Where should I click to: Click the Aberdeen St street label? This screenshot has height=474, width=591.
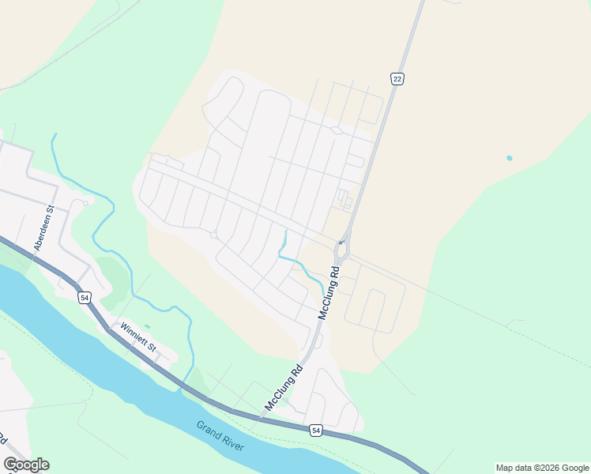43,229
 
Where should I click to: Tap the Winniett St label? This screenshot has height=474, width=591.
138,337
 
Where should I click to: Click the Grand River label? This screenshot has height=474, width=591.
220,435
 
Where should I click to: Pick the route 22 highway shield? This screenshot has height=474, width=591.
397,77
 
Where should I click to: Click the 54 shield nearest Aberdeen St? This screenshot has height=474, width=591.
85,297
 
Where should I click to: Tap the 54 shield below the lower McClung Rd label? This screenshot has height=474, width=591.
315,430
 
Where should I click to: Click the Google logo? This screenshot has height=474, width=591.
26,465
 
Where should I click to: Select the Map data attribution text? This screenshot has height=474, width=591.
542,468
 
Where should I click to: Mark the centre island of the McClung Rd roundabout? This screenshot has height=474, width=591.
341,252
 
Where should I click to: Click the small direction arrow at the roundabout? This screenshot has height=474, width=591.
341,242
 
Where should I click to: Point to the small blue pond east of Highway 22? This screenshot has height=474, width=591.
509,158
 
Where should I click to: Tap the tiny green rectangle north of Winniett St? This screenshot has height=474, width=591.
147,326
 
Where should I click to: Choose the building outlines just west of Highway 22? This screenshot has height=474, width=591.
344,198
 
